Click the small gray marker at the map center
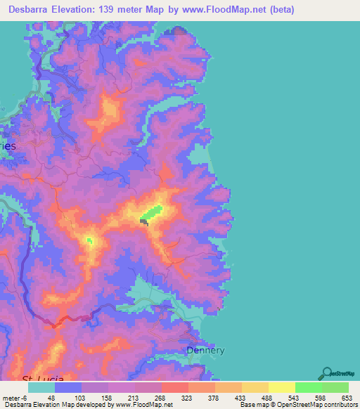[144, 222]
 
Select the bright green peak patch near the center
[152, 211]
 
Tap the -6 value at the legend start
[23, 398]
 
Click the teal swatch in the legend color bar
[41, 387]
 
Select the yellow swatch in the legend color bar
[281, 387]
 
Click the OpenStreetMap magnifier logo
[326, 373]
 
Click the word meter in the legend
[11, 398]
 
